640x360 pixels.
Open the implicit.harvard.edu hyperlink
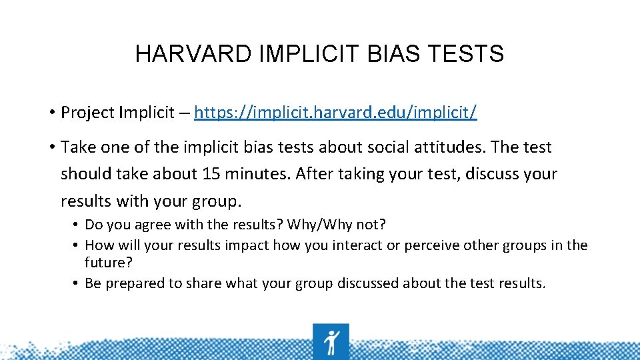pyautogui.click(x=335, y=112)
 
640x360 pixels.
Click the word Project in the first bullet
pyautogui.click(x=87, y=112)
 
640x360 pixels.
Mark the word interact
pyautogui.click(x=357, y=245)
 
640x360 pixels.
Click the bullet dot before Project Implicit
pyautogui.click(x=51, y=113)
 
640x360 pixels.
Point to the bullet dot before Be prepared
pyautogui.click(x=77, y=283)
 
